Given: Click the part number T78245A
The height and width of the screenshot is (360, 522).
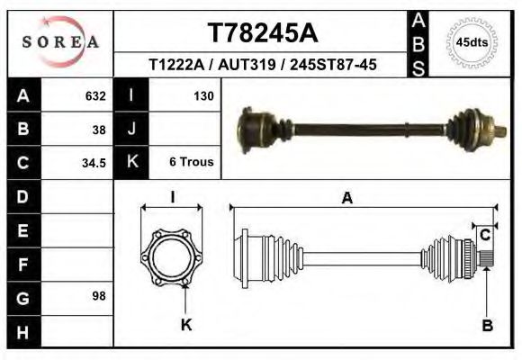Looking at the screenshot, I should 262,32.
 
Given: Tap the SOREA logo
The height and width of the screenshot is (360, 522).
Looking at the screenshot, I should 59,42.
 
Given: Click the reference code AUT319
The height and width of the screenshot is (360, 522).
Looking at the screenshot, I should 245,65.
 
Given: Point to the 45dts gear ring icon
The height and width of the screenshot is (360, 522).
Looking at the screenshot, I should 472,41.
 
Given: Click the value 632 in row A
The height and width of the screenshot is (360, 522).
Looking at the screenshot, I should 94,95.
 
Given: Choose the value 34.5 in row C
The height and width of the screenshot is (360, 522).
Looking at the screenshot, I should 94,163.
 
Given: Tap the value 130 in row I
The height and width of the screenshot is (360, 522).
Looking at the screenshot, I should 202,95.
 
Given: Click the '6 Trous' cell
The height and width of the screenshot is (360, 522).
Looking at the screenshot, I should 191,163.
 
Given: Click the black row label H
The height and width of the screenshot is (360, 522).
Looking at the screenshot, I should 22,332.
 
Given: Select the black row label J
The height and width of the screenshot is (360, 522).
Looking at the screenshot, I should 131,129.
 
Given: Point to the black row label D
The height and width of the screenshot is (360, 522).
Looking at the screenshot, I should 22,196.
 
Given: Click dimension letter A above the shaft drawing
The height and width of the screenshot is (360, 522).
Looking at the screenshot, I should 346,200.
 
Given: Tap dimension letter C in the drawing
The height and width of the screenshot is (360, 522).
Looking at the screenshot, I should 484,235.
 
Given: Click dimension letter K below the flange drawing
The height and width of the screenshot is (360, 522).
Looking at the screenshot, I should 187,325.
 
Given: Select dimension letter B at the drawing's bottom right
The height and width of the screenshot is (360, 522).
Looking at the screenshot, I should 487,325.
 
